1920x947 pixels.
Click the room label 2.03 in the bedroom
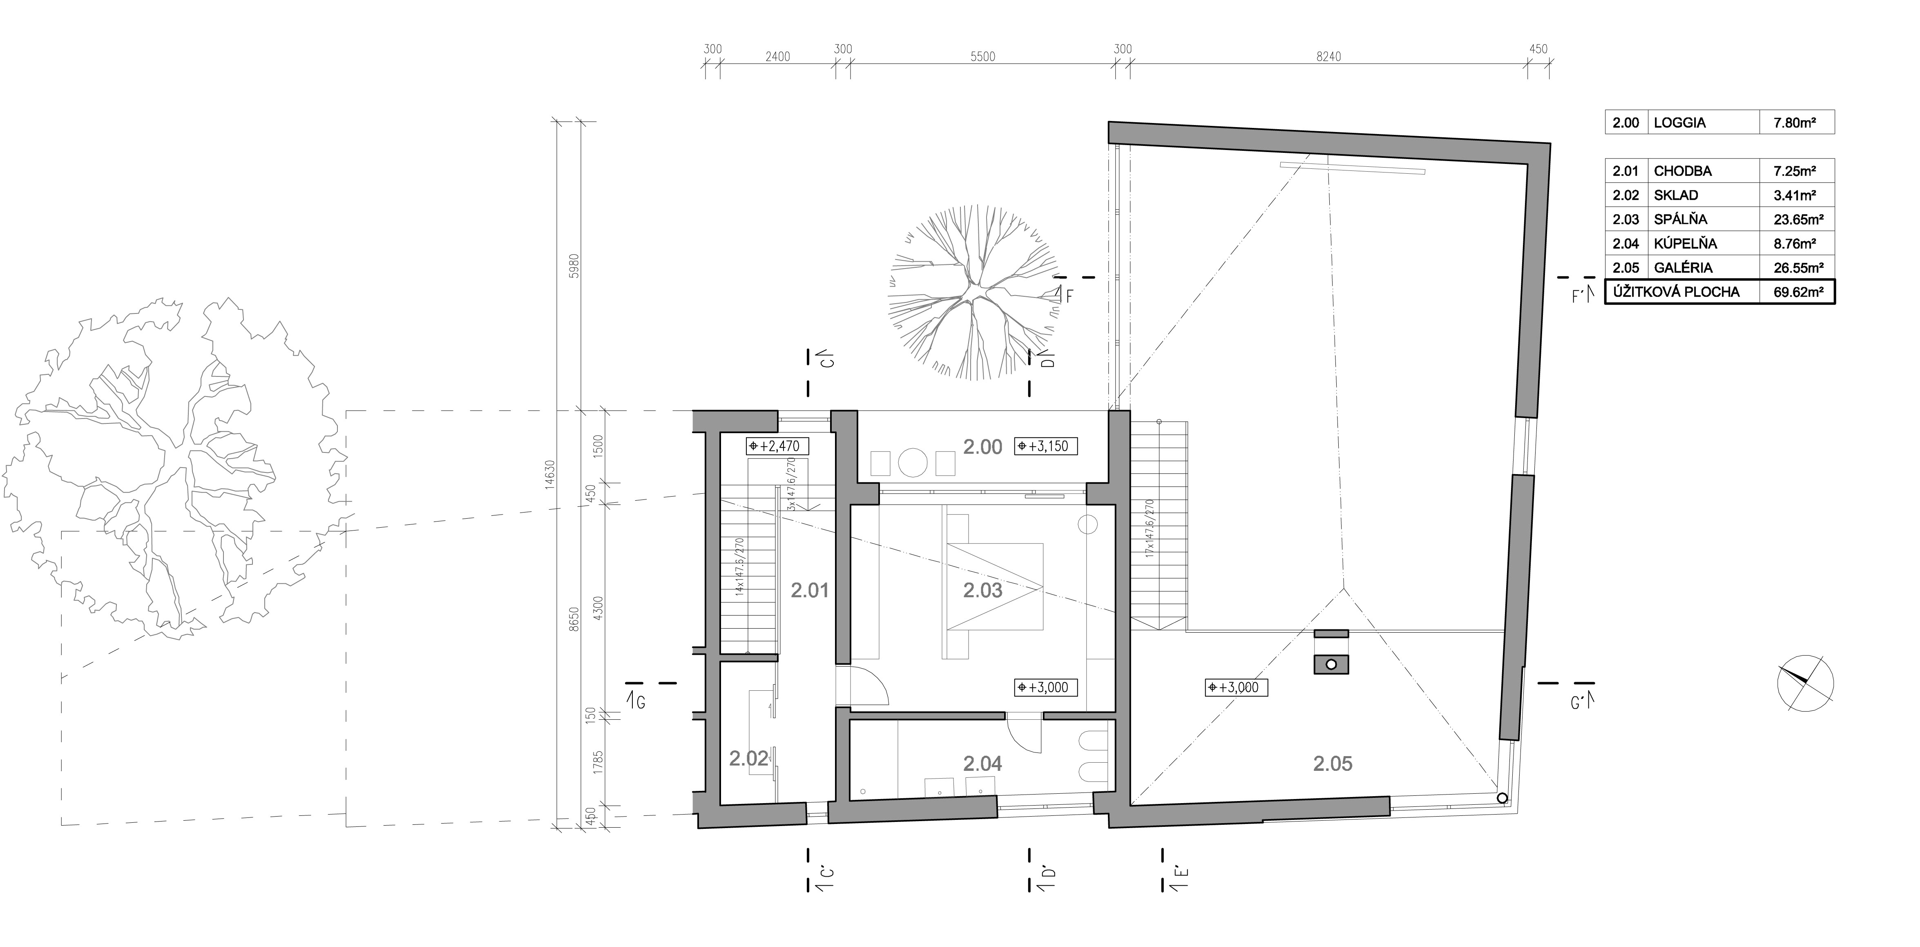[982, 591]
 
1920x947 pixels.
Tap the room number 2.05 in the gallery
[1333, 763]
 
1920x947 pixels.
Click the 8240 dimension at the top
[1328, 57]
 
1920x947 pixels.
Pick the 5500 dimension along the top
[982, 57]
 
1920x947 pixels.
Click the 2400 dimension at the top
[777, 57]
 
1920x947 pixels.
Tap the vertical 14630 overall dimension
[551, 473]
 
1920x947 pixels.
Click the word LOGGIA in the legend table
[1679, 122]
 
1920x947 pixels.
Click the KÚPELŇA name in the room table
[1685, 243]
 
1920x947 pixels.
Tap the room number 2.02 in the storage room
[748, 759]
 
